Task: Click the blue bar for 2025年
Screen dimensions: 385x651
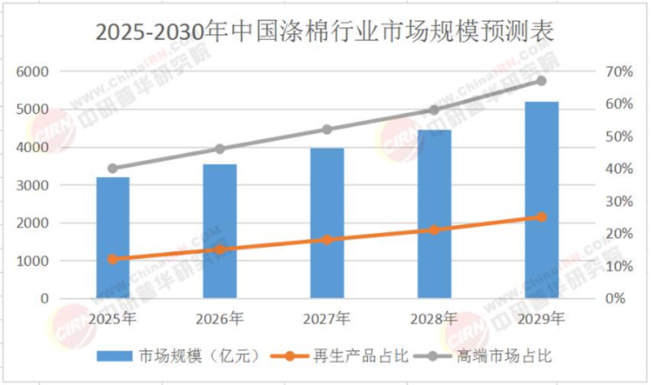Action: [x=112, y=237]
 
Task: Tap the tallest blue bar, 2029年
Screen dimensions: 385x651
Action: [x=541, y=200]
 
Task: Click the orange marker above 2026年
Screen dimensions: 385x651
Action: [x=220, y=249]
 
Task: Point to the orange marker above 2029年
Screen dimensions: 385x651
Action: [x=541, y=217]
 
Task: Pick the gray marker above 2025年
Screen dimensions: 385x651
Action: [x=112, y=169]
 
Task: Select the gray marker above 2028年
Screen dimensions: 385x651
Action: [x=434, y=110]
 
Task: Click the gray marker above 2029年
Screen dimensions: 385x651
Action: [x=541, y=81]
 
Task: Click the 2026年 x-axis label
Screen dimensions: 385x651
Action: [x=220, y=318]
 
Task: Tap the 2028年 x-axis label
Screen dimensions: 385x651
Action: [x=434, y=318]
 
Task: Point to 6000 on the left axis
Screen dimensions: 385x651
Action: [x=33, y=71]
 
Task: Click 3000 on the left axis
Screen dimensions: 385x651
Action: [x=33, y=185]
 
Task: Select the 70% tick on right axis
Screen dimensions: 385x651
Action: [x=616, y=71]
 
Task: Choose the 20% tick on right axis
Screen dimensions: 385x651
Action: [x=616, y=234]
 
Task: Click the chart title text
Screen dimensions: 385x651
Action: [x=325, y=32]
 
